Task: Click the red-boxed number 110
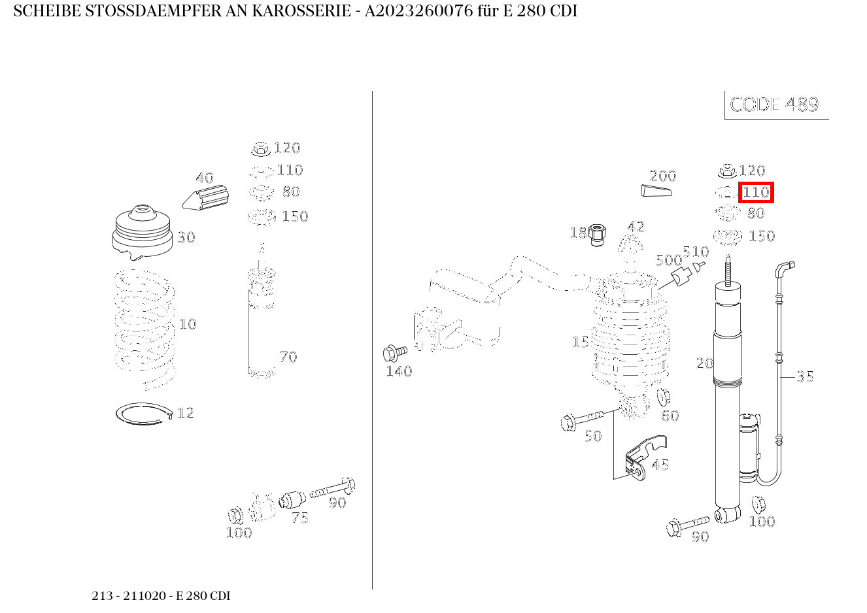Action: [756, 193]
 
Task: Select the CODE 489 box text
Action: [774, 105]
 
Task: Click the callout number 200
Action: [662, 176]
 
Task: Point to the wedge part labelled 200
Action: [655, 190]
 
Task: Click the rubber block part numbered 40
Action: [206, 197]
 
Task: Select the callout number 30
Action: [186, 237]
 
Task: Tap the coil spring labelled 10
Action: [144, 327]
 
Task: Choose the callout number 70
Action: [288, 357]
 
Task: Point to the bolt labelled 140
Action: [394, 353]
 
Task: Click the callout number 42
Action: [636, 226]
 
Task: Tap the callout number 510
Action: [696, 252]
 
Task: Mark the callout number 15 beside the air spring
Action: [580, 342]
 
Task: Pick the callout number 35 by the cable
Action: [805, 376]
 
